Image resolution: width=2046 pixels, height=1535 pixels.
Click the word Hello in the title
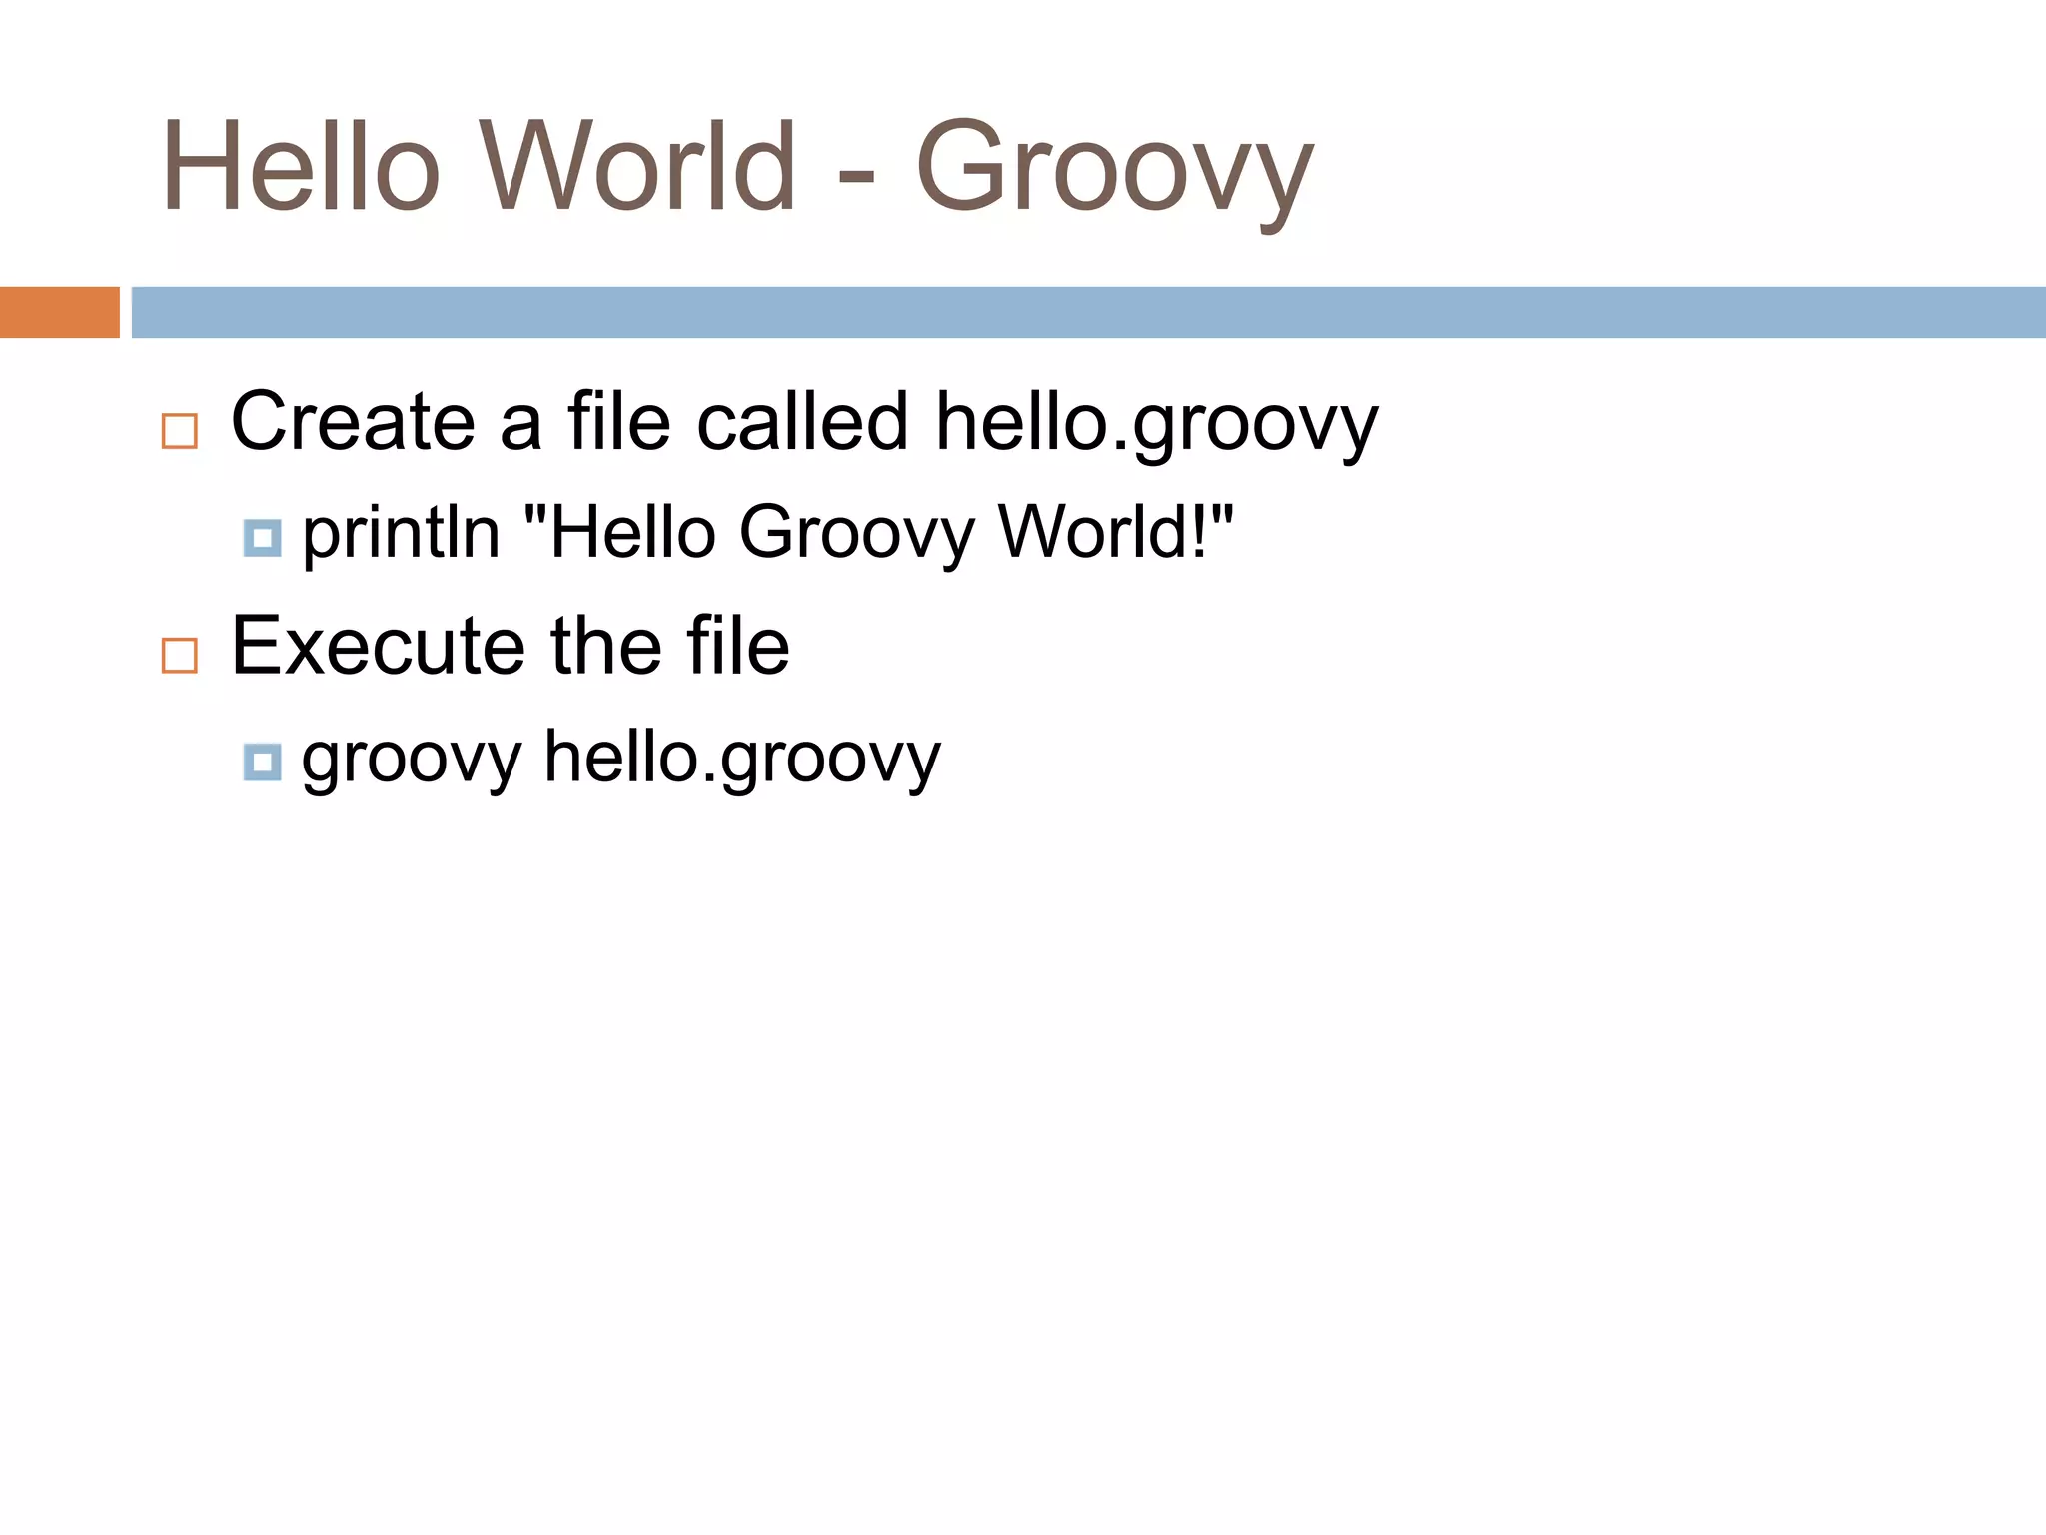300,168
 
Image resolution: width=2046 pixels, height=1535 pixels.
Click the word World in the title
639,168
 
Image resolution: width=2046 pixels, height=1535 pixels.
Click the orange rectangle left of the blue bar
59,312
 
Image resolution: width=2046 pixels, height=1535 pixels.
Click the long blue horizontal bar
1088,312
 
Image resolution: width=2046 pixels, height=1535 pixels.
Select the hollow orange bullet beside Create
180,431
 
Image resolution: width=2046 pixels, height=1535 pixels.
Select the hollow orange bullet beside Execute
180,656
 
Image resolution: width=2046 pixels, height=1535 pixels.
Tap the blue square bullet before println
262,538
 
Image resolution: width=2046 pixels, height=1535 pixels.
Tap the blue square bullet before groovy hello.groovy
262,763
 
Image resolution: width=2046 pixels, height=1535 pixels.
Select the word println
401,532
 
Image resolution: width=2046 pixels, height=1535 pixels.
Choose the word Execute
378,647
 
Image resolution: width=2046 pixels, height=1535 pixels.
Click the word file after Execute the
737,647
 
